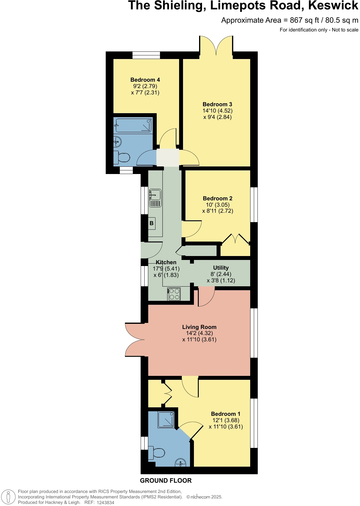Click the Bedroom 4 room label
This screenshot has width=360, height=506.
point(145,80)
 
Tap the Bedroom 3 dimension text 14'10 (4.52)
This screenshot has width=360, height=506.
point(217,111)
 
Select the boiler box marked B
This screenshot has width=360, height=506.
point(152,223)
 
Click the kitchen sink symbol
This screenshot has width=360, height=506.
point(155,198)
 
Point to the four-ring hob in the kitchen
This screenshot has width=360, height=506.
point(174,294)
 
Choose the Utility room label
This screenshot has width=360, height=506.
point(221,268)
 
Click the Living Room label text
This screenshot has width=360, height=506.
point(199,327)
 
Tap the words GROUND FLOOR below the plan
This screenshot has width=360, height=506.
point(166,481)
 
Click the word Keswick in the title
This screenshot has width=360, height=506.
point(333,5)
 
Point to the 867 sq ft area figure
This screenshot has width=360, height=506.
point(304,20)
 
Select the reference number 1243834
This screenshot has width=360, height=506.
point(106,502)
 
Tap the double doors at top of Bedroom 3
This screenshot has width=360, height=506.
point(216,45)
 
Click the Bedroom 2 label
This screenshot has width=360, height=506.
point(218,199)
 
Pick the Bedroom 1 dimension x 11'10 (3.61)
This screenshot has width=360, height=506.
point(226,427)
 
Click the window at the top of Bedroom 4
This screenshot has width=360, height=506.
point(146,55)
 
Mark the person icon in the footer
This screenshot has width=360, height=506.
point(8,497)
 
